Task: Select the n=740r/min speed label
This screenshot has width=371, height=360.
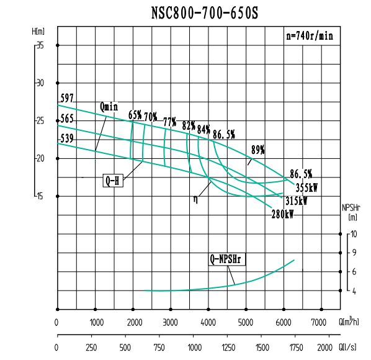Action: [x=310, y=36]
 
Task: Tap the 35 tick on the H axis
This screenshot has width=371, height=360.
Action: [x=40, y=45]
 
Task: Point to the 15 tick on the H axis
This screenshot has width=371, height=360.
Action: [x=40, y=196]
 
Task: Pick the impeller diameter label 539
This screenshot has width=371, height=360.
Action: [x=67, y=138]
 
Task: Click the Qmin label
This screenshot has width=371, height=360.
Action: [x=109, y=107]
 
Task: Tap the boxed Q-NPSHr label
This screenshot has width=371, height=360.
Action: [x=228, y=259]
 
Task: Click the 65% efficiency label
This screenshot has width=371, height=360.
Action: [x=135, y=115]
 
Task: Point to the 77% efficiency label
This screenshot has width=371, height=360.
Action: [x=169, y=122]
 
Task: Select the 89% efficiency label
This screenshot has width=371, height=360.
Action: [x=258, y=150]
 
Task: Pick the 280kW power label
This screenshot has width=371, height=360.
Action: [x=282, y=215]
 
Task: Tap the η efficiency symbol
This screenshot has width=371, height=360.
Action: [x=196, y=199]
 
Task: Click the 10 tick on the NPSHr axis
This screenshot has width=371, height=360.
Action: [x=354, y=234]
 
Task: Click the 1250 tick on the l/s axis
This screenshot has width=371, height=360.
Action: [x=228, y=348]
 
